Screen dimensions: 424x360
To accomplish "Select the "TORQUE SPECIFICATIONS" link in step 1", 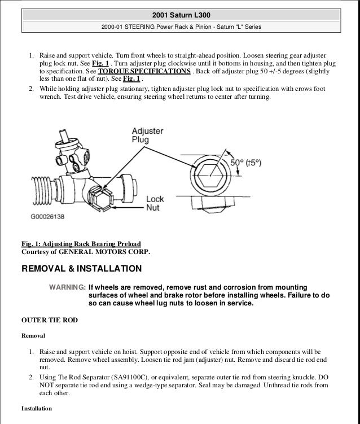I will (x=143, y=72).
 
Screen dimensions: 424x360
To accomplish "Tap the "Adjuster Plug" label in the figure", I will (x=147, y=134).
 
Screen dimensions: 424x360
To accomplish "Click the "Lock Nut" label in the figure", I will (x=155, y=203).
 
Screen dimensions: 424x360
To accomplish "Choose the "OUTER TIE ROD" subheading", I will (x=49, y=320).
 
